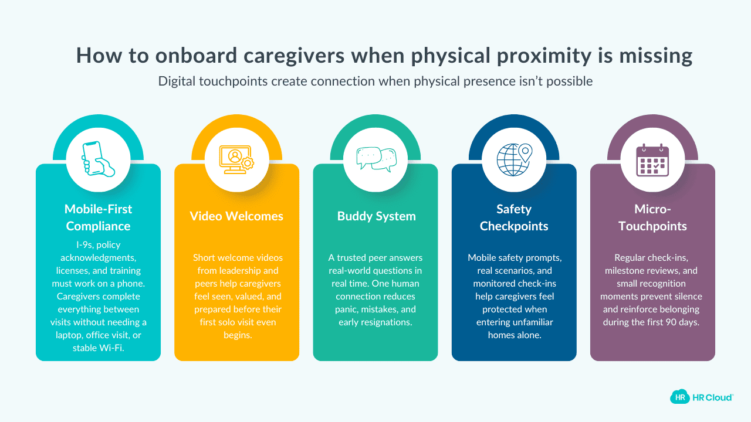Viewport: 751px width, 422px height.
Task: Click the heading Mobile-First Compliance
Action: click(x=98, y=217)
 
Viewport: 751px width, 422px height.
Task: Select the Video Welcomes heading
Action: click(x=236, y=216)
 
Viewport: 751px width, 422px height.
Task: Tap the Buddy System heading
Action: click(x=376, y=216)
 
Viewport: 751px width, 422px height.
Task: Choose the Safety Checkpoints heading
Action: click(x=514, y=217)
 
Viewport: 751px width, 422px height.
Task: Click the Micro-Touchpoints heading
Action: click(x=652, y=217)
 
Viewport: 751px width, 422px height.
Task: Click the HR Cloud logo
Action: click(x=701, y=397)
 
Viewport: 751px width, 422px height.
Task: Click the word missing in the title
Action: click(x=656, y=56)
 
